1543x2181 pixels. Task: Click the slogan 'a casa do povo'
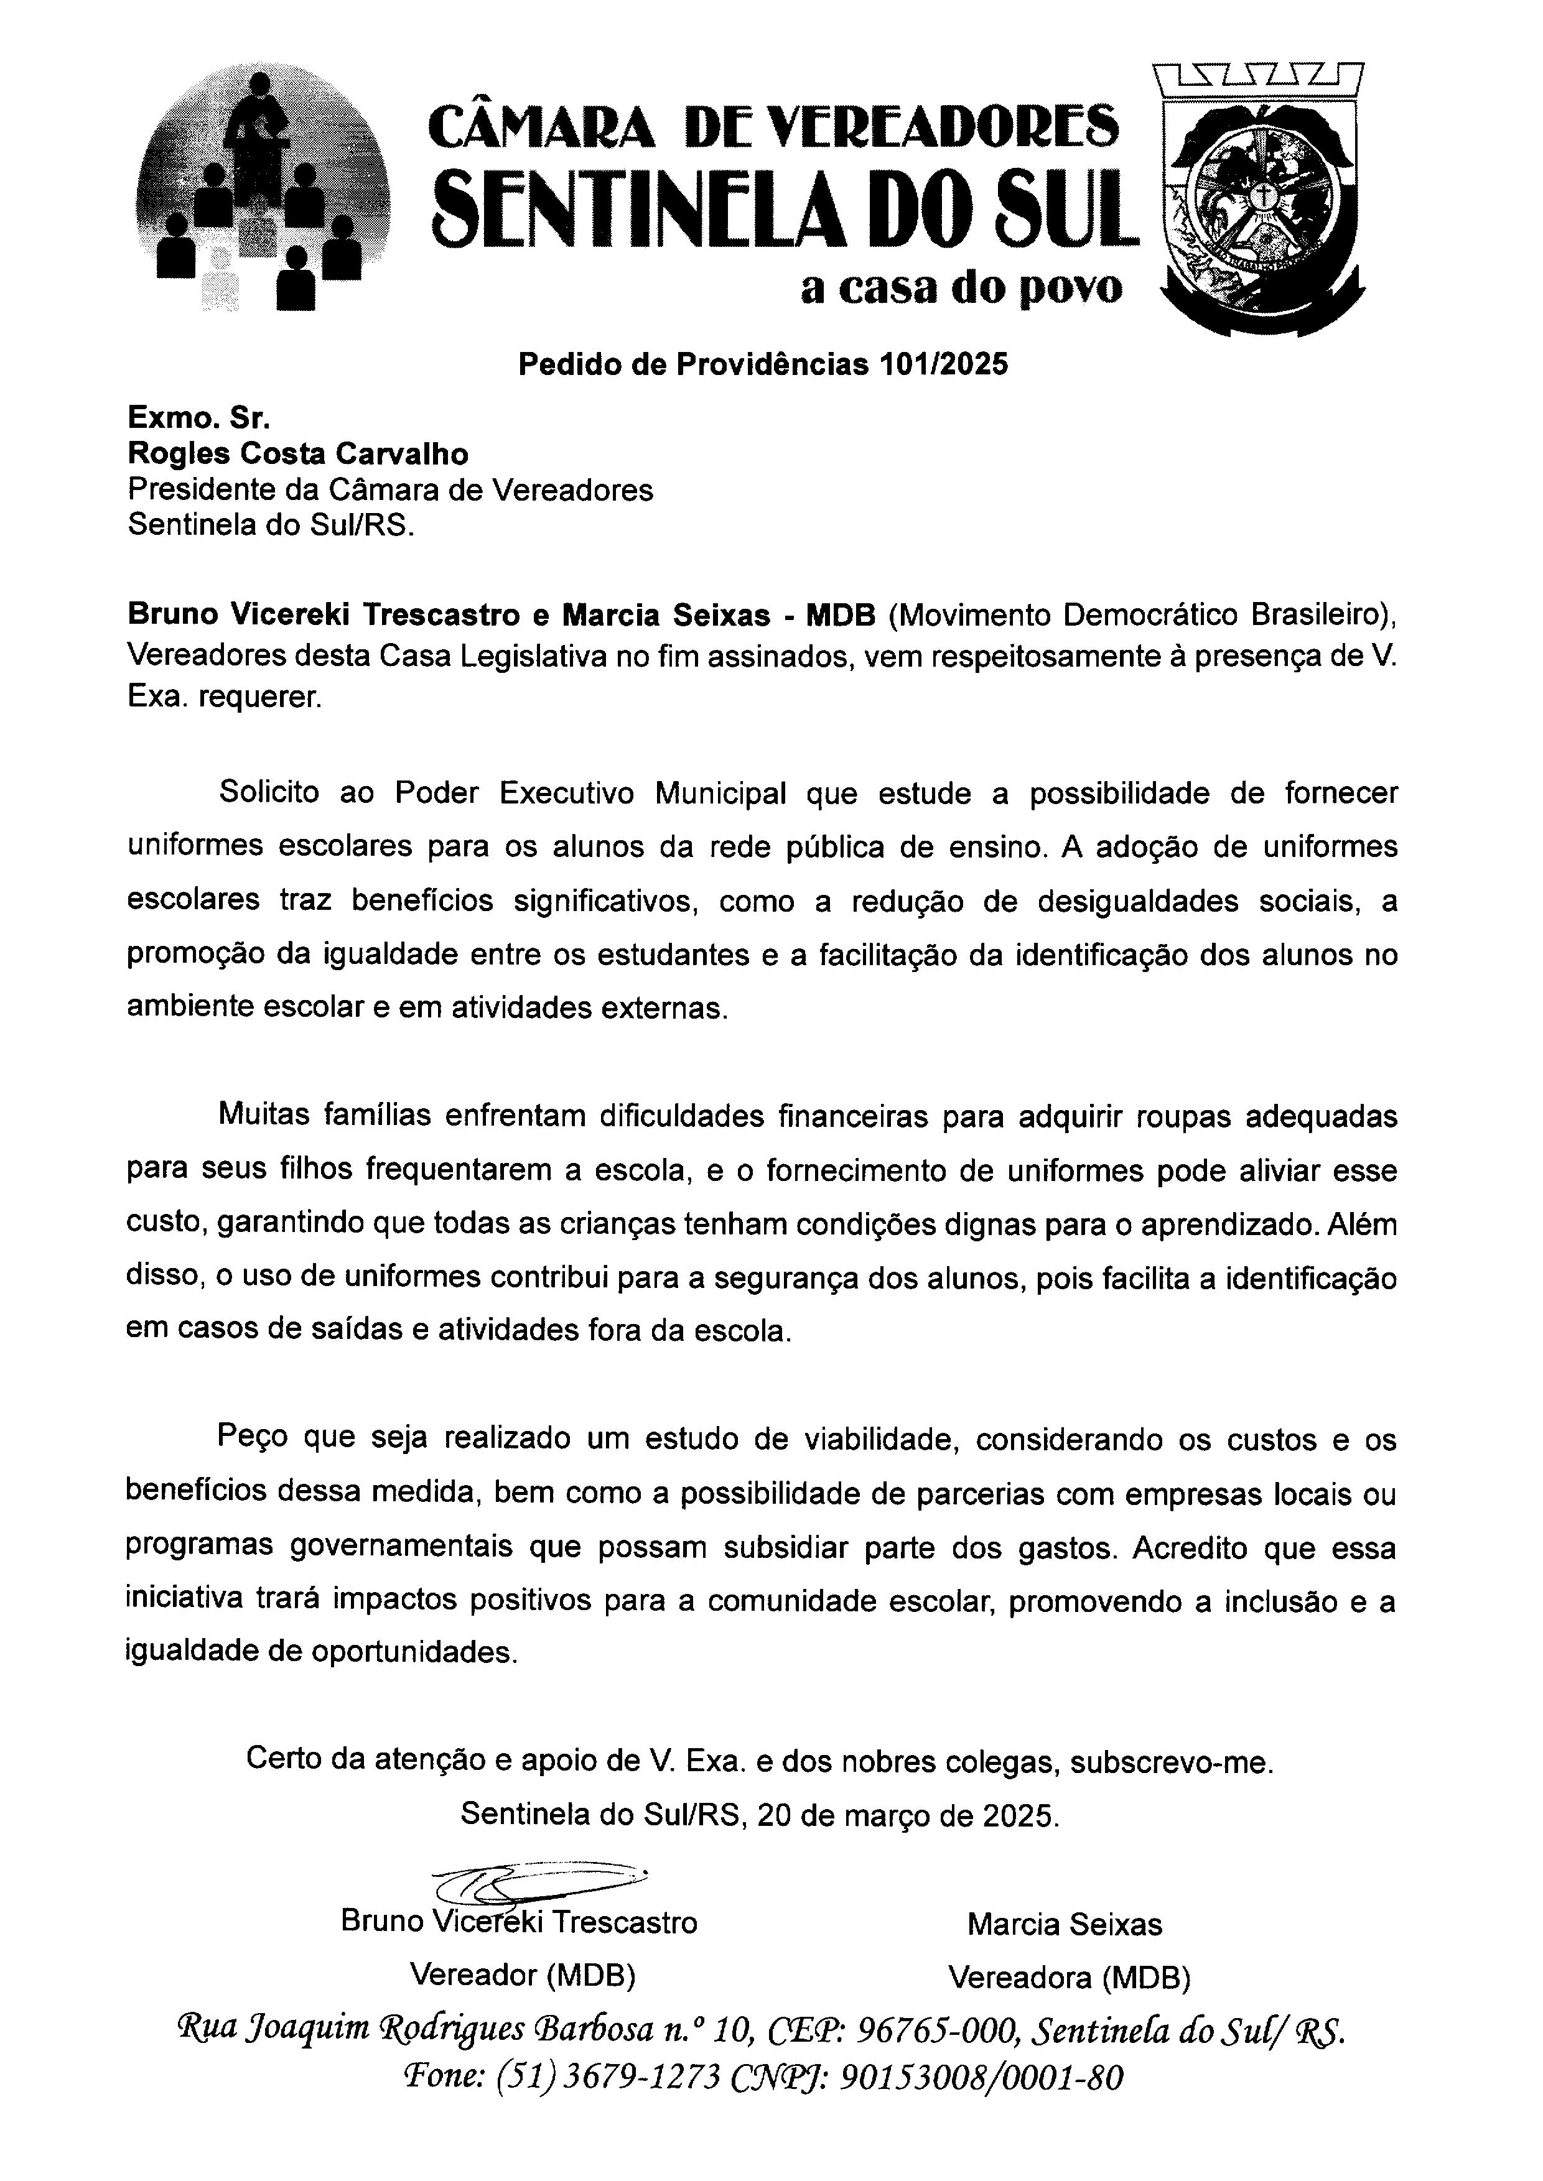coord(961,289)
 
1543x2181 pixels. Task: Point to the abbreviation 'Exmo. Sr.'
coord(198,418)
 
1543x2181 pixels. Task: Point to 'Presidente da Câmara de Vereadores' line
coord(391,490)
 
